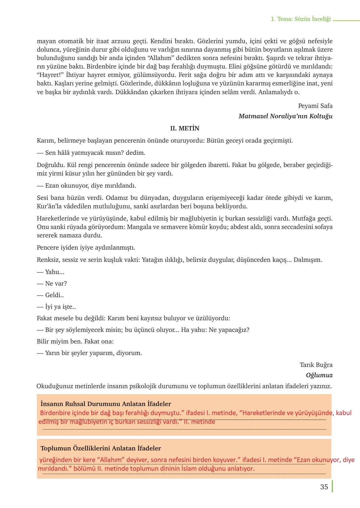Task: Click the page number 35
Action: tap(324, 487)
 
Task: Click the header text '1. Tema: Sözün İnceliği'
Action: tap(301, 19)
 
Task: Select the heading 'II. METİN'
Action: tap(185, 128)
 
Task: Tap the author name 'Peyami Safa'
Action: tap(315, 106)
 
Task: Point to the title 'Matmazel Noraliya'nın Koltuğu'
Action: tap(285, 116)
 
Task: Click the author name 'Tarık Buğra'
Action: tap(316, 365)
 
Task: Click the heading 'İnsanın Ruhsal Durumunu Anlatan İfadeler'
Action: tap(106, 404)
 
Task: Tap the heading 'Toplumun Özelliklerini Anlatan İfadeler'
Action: tap(101, 448)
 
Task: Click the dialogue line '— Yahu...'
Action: tap(51, 272)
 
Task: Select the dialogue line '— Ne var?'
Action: tap(52, 283)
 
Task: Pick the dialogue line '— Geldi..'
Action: tap(50, 295)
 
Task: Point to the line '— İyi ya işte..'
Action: tap(56, 307)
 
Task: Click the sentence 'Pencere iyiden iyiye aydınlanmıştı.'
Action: tap(86, 247)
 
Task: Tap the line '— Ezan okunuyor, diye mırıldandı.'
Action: tap(86, 185)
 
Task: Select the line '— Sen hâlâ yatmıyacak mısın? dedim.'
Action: tap(91, 153)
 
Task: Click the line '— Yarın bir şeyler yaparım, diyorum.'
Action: tap(89, 353)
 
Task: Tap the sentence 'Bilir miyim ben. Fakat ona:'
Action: tap(75, 341)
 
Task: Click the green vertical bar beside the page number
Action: tap(332, 486)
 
